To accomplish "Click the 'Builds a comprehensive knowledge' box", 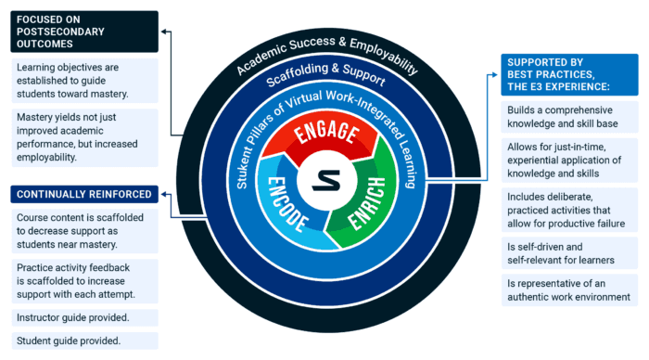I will coord(569,120).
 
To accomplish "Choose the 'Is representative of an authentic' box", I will coord(569,290).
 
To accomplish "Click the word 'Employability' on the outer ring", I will coord(377,57).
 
